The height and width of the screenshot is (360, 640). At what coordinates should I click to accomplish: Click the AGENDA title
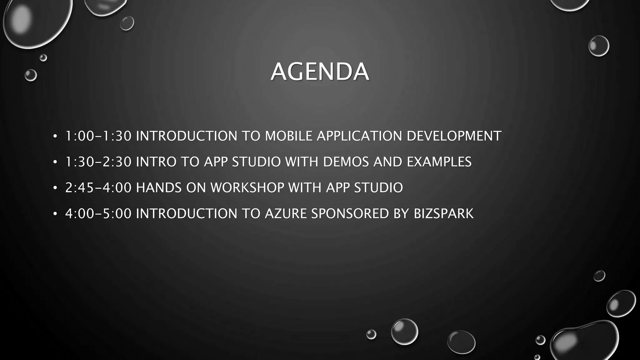[320, 72]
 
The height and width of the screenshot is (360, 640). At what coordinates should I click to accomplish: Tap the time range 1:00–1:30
[98, 136]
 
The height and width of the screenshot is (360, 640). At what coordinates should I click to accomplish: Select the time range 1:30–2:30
[98, 162]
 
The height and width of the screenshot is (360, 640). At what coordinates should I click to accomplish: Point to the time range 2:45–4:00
[98, 188]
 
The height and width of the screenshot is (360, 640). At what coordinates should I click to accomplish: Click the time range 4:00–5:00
[98, 214]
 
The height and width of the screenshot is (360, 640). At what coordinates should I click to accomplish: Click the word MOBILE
[288, 136]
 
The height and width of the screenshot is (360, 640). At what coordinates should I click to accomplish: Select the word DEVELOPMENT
[454, 136]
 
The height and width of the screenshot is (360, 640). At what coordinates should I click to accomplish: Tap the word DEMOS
[346, 162]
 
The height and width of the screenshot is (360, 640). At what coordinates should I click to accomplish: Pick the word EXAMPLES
[439, 162]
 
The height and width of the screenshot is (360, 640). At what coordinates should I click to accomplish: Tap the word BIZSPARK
[443, 214]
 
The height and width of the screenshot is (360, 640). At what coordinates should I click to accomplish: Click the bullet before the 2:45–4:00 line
[55, 188]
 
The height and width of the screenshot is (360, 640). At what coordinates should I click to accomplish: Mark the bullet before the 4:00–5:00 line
[55, 214]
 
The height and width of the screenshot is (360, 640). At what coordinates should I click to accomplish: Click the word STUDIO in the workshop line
[378, 188]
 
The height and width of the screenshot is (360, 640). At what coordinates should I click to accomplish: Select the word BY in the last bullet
[401, 214]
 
